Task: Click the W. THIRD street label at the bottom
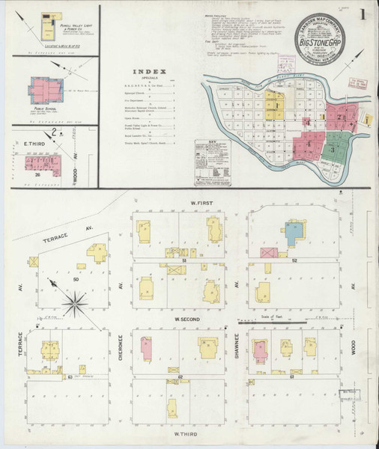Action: pyautogui.click(x=189, y=433)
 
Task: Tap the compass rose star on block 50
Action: pyautogui.click(x=73, y=303)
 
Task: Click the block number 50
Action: pyautogui.click(x=76, y=278)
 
